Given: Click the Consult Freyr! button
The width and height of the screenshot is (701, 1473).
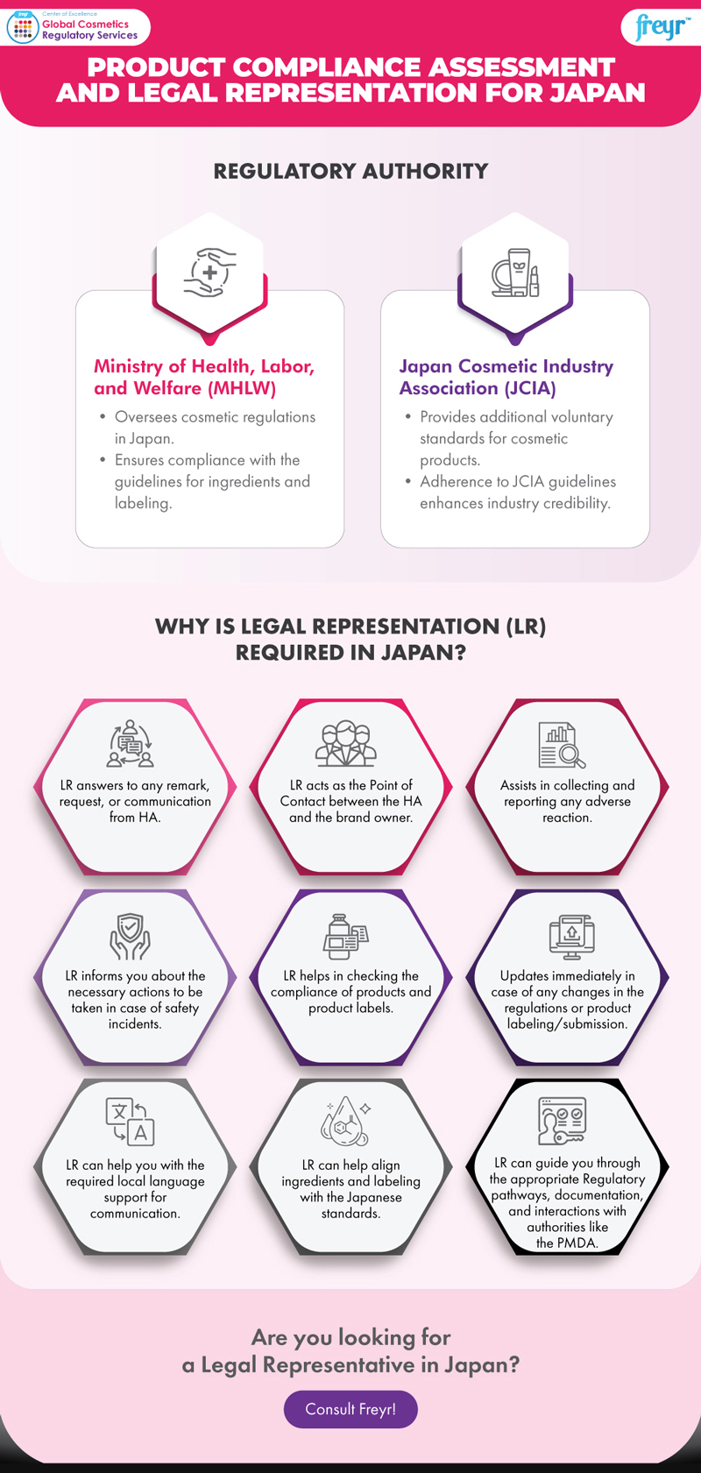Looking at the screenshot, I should tap(350, 1409).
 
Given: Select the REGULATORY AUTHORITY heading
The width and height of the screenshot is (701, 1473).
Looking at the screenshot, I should tap(350, 171).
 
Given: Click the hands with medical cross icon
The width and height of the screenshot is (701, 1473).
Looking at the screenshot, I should tap(209, 273).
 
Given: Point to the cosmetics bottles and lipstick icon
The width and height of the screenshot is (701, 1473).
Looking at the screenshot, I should tap(514, 273).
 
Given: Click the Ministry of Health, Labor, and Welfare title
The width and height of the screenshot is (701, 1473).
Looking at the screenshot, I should tap(204, 377).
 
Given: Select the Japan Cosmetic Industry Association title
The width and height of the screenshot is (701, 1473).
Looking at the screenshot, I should tap(506, 377).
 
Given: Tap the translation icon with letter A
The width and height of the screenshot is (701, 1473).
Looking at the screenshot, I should tap(131, 1121).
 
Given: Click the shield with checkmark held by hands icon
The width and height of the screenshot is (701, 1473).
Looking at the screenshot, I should tap(130, 936).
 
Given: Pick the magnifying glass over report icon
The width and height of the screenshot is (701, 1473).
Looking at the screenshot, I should tap(562, 745).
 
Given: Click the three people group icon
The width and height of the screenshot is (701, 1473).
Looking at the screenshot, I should tap(346, 744).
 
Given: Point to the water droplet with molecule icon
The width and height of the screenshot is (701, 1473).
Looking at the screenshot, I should tap(347, 1121).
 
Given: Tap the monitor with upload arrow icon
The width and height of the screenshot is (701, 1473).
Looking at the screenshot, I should tap(571, 936).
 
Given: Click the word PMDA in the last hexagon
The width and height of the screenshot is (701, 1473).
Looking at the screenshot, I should tap(578, 1243).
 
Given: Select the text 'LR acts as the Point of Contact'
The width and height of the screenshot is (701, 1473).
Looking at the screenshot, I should tap(350, 793).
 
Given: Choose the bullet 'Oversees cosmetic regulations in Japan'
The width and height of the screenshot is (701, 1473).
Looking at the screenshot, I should tap(215, 427).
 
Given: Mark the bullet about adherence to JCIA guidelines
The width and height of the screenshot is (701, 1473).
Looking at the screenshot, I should tap(517, 492).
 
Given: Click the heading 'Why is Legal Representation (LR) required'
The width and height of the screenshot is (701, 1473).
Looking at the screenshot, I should tap(350, 639).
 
